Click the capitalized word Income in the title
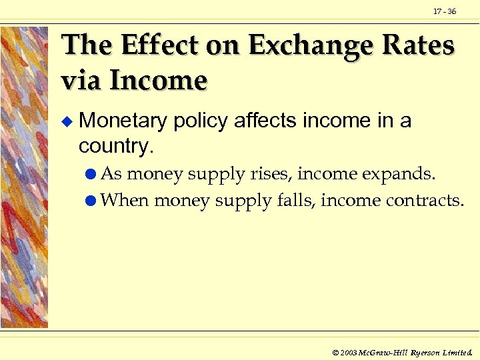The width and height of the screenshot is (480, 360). (158, 80)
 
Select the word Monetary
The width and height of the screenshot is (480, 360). (123, 121)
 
